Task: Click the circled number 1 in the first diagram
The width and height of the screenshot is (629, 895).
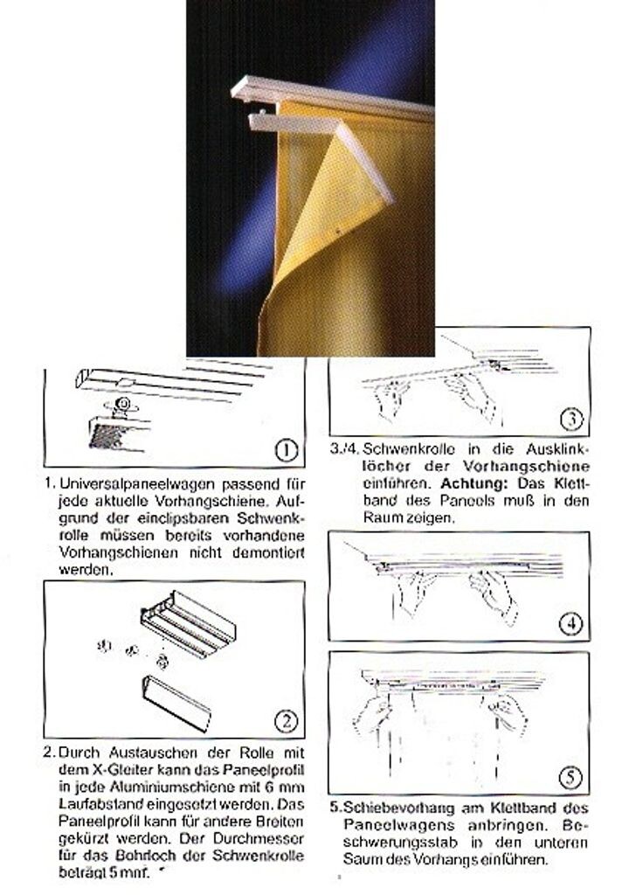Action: (x=287, y=450)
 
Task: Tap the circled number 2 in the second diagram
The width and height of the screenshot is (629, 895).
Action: (x=287, y=721)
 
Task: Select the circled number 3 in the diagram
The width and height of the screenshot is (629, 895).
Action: (x=571, y=420)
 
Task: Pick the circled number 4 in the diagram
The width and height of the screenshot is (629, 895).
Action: (x=572, y=623)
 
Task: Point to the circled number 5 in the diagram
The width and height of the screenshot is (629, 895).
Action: (x=570, y=777)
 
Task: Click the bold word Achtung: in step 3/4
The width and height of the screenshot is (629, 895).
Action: (x=473, y=483)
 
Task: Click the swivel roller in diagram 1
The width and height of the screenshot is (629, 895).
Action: (x=121, y=406)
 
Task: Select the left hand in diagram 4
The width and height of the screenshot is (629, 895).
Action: (x=414, y=593)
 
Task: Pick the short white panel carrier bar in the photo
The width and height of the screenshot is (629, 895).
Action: (x=293, y=122)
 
